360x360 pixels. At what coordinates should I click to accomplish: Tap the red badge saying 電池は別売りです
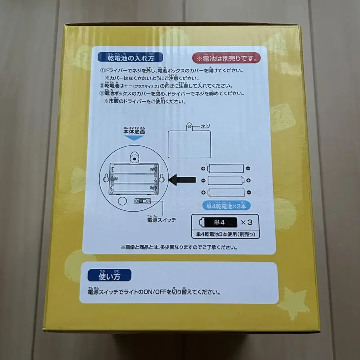(226, 58)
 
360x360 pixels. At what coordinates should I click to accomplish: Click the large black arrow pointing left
(182, 180)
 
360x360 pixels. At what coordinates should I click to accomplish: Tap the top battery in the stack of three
(226, 168)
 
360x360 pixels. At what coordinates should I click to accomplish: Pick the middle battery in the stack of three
(226, 180)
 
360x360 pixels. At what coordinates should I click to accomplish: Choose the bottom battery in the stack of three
(226, 192)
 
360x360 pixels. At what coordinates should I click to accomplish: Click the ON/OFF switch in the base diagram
(143, 201)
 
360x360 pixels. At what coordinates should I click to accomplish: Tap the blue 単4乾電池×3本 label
(226, 206)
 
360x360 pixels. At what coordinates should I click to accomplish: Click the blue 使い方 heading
(109, 276)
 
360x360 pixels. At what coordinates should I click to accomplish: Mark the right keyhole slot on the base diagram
(162, 179)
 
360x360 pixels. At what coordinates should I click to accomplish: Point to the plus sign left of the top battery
(204, 168)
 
